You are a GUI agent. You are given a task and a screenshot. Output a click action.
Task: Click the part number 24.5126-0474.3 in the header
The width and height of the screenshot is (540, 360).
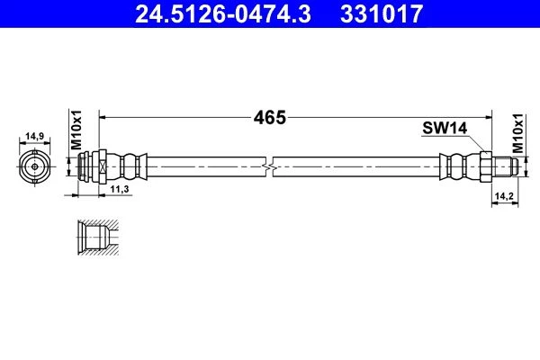(223, 14)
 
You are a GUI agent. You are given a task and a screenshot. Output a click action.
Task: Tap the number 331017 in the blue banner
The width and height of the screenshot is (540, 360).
(382, 14)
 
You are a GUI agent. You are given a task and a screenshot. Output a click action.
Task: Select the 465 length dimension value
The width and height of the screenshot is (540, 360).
(270, 118)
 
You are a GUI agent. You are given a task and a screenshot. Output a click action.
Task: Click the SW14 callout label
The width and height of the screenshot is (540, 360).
(445, 128)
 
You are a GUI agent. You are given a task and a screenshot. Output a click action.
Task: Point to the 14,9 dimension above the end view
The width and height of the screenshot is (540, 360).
(35, 136)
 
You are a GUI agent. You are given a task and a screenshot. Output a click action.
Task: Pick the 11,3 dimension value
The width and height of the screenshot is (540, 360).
(119, 189)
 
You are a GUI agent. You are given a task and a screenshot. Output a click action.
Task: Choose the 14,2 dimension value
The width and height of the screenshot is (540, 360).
(504, 196)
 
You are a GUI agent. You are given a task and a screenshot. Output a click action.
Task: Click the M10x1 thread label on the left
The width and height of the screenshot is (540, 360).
(76, 130)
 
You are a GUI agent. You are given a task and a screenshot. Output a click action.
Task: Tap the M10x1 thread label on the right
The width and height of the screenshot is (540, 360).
(517, 133)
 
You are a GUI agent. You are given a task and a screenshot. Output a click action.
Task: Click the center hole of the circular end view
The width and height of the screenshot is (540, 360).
(35, 166)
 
